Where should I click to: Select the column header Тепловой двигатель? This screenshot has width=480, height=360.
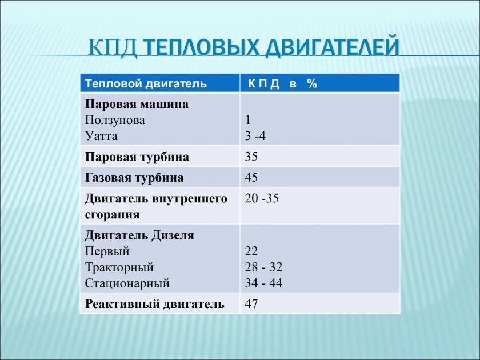pos(146,83)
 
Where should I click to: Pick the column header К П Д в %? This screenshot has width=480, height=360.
pos(282,83)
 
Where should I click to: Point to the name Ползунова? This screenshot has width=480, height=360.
pos(115,121)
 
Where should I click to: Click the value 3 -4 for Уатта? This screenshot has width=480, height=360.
pos(255,137)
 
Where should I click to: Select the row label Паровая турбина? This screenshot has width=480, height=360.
pos(137,157)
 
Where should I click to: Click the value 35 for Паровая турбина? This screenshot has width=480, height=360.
pos(251,157)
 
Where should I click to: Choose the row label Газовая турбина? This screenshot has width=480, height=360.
pos(134,178)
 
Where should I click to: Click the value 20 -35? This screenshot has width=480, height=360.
pos(262,199)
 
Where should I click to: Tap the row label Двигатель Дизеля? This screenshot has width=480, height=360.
pos(139,235)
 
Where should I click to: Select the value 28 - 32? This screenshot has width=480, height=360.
pos(263,267)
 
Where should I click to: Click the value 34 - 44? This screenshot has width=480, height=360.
pos(263,283)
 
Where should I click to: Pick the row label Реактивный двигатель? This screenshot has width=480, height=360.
pos(154,304)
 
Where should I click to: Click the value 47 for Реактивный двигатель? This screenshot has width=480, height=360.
pos(251,304)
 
